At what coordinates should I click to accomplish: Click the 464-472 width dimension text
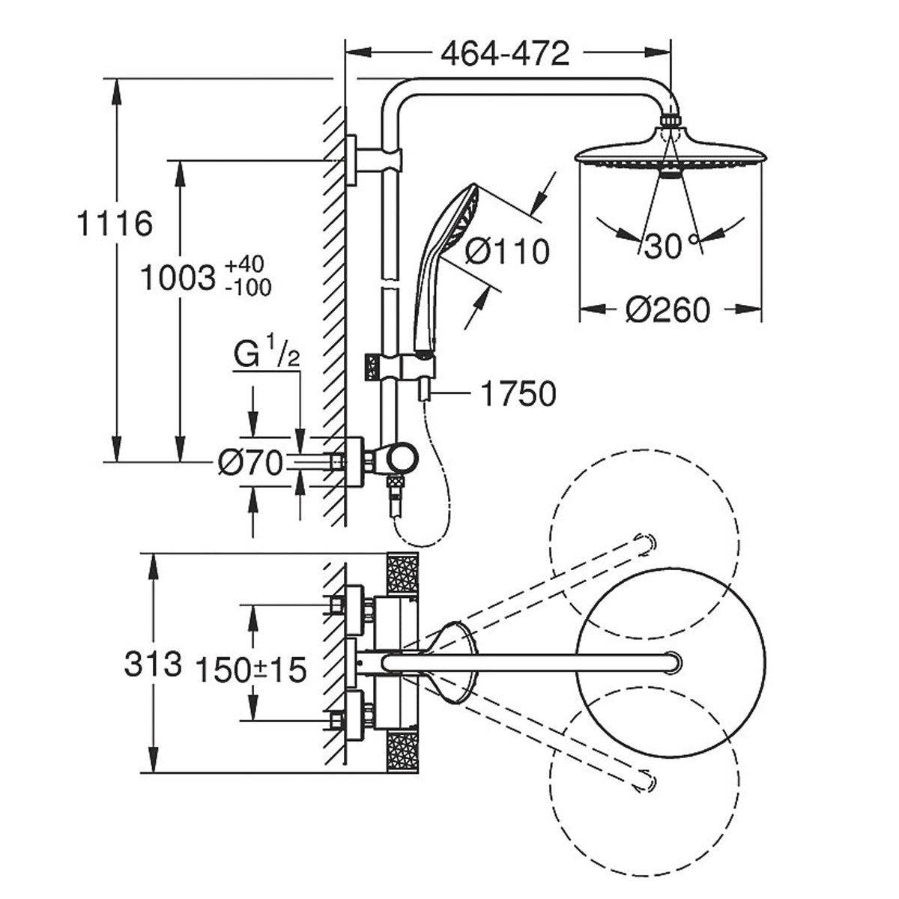click(x=505, y=54)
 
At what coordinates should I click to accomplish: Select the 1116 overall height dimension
click(x=115, y=224)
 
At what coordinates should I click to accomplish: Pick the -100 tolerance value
click(x=247, y=287)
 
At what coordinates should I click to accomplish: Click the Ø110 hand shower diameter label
click(x=507, y=251)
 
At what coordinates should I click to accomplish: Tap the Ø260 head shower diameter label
click(x=668, y=309)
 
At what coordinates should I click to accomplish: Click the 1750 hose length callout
click(x=518, y=395)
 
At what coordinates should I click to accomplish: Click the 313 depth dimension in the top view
click(x=152, y=664)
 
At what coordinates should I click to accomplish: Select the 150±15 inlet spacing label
click(x=250, y=670)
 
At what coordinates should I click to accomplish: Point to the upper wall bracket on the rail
click(x=375, y=159)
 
